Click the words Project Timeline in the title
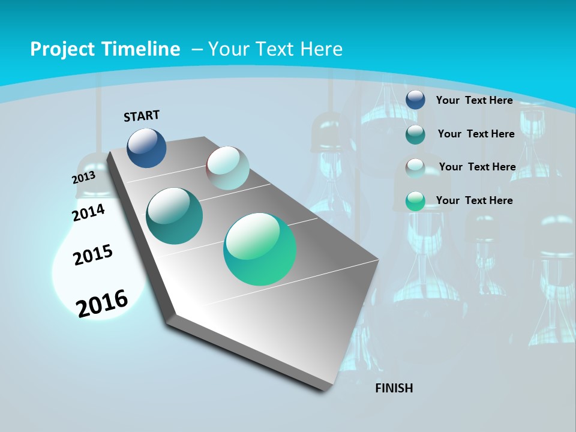105,49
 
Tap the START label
142,116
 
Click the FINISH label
394,388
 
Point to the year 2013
83,178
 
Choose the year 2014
88,212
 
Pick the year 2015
93,255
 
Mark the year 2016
102,303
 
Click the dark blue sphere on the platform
146,148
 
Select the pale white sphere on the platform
227,168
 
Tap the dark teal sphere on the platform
174,216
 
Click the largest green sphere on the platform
260,249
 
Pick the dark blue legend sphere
415,100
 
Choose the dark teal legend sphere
415,134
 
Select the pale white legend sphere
415,167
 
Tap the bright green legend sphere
415,201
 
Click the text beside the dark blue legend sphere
474,100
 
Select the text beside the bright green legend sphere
474,200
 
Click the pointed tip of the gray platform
379,261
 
